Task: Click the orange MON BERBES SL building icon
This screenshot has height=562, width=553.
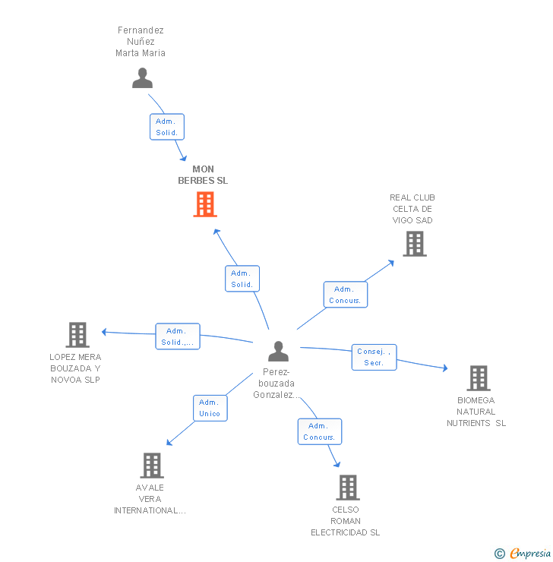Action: [x=205, y=204]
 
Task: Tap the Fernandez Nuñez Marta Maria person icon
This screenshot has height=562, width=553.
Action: [x=142, y=77]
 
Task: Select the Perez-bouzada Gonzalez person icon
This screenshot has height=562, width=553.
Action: [x=279, y=352]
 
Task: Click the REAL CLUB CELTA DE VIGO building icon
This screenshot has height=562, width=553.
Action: [x=414, y=244]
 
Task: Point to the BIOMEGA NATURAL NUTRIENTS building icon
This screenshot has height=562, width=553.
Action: [x=478, y=378]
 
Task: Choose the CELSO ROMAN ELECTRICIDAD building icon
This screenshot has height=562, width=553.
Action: [x=347, y=488]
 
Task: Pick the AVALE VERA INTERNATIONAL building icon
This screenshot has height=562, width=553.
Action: [x=152, y=466]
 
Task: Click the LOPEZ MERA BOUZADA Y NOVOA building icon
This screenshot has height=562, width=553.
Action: [x=77, y=335]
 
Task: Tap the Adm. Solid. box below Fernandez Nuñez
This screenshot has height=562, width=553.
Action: [x=166, y=127]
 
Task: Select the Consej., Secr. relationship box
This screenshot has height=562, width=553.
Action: [x=374, y=357]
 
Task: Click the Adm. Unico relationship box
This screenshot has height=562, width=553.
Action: [x=210, y=408]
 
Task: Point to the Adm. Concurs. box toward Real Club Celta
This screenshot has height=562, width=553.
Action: [x=345, y=295]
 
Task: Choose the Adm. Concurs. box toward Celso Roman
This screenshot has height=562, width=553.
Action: [x=319, y=431]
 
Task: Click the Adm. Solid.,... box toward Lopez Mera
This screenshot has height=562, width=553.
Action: [x=177, y=336]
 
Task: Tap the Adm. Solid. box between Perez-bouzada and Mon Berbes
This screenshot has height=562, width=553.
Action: [x=242, y=279]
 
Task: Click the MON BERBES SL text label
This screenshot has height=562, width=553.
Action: [x=203, y=175]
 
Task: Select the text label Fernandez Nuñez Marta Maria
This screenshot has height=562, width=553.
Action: [x=141, y=42]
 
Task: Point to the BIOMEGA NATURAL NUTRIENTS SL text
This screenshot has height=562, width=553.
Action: [x=476, y=412]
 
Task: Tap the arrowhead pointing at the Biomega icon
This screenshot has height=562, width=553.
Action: [x=444, y=368]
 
